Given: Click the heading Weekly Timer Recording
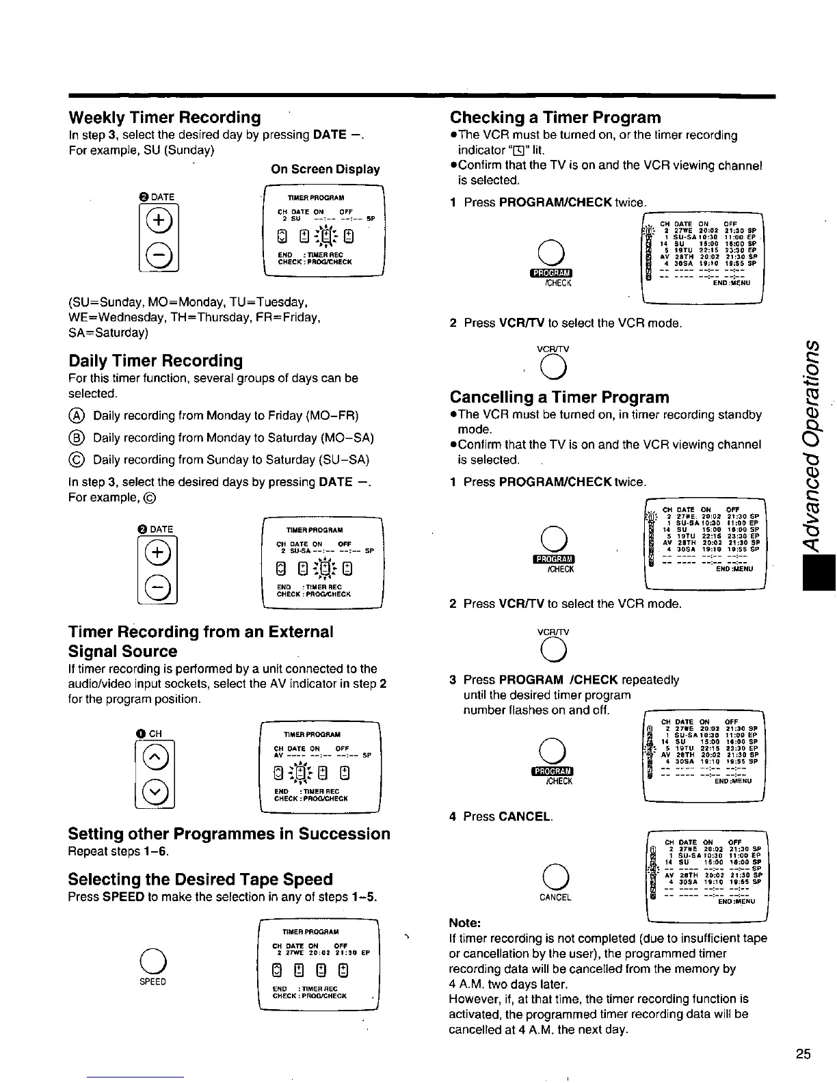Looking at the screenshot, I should pos(164,118).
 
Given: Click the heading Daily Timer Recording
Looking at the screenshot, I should pos(155,360).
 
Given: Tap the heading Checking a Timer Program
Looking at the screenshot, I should pos(555,118).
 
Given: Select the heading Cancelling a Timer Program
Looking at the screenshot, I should pos(559,397).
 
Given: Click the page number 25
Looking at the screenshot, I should pos(803,1054).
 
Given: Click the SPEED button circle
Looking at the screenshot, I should pos(152,961).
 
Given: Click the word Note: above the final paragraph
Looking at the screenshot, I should pos(465,923).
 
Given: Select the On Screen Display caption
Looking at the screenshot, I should pos(325,170).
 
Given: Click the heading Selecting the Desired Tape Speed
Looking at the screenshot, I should pos(200,879).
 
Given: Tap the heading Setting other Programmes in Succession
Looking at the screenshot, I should pos(229,833).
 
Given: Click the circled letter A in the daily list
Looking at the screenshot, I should pos(77,416).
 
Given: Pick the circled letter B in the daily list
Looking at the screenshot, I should pos(77,438).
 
